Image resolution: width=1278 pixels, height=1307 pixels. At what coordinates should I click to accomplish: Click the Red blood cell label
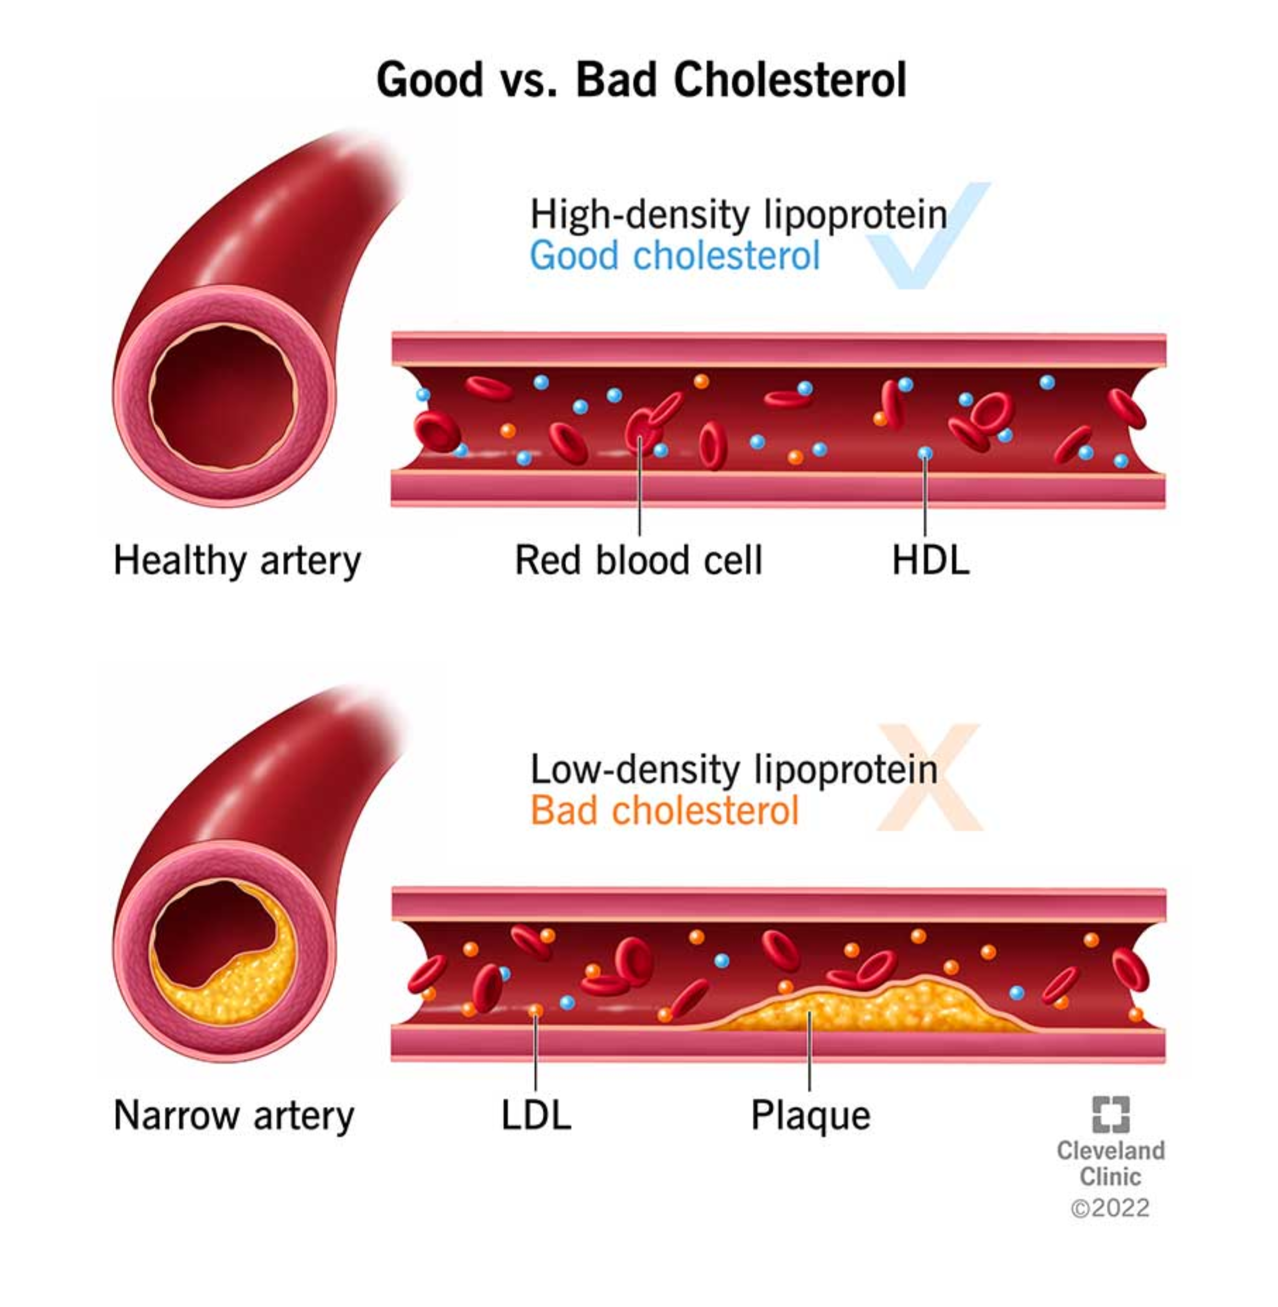639,561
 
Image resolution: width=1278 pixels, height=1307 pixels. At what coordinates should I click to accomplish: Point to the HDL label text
931,561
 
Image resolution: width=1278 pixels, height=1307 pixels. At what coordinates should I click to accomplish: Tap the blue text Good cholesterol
674,256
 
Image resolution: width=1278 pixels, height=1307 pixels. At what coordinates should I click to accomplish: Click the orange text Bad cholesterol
664,810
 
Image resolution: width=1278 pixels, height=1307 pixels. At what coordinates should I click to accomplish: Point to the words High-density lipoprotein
738,215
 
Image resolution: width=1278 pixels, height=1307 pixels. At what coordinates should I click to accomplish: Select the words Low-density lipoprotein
734,769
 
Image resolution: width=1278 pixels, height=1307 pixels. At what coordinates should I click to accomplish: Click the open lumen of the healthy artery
222,396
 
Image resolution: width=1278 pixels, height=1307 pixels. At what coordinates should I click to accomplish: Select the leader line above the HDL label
925,497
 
